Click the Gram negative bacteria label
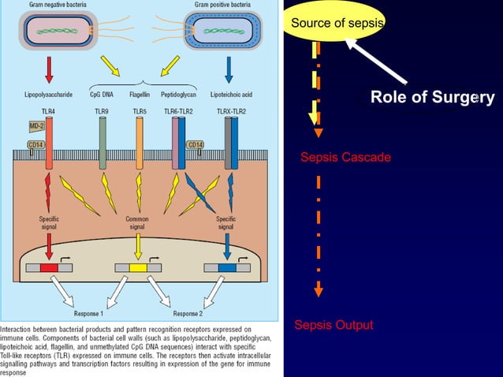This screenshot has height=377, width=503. coord(59,6)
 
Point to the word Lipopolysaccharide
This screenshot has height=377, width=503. coord(48,94)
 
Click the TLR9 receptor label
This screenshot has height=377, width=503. coord(102,111)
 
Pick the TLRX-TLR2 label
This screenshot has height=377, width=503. coord(230,111)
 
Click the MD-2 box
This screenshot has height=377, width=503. coord(36,126)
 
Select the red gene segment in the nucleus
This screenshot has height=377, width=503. coord(49,268)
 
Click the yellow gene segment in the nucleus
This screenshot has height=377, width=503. coord(138,268)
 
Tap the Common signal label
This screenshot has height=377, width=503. coord(137,222)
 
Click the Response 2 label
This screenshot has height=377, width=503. coord(187,312)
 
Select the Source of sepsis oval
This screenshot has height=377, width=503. coord(337,23)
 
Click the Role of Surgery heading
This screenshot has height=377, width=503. coord(432,98)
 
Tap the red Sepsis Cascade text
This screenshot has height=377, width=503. coord(345,158)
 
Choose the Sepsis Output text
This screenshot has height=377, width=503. coord(333,325)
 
